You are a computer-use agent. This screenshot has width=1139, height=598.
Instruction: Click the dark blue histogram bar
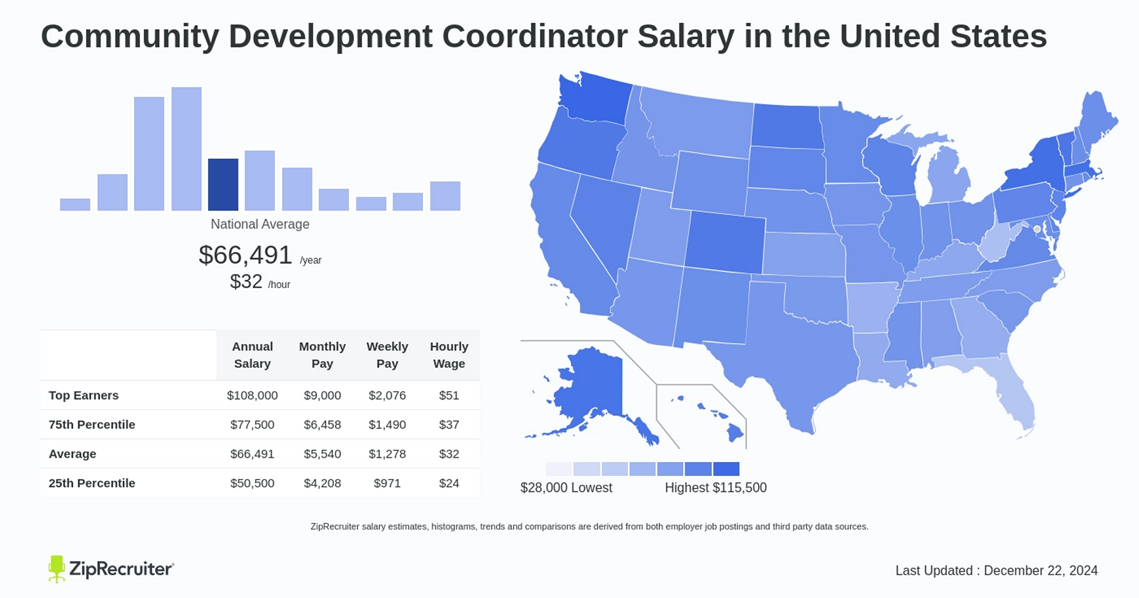click(x=223, y=185)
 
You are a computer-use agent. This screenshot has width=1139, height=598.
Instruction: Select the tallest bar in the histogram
click(x=186, y=149)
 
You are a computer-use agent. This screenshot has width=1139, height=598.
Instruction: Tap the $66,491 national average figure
click(x=245, y=255)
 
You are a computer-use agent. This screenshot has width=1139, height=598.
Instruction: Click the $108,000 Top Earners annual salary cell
click(x=252, y=395)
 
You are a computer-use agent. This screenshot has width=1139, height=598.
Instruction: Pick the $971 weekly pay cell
click(x=387, y=484)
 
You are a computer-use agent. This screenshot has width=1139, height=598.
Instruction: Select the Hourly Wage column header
click(x=449, y=355)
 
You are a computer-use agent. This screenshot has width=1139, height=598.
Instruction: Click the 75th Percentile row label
click(x=92, y=425)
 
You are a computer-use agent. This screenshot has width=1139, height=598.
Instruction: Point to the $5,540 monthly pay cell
click(x=322, y=454)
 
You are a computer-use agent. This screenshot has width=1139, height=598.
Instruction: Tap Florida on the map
click(x=1017, y=399)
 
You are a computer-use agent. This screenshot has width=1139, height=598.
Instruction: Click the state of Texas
click(x=792, y=347)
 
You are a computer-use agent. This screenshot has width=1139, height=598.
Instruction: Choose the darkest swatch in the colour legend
click(x=726, y=469)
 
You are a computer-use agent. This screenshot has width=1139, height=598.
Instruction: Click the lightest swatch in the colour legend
click(x=559, y=469)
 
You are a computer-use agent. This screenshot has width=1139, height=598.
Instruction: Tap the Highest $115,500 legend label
click(x=715, y=488)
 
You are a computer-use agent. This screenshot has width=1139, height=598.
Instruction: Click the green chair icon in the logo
click(x=56, y=568)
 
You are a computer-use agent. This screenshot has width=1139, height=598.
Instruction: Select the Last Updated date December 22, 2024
click(x=1040, y=571)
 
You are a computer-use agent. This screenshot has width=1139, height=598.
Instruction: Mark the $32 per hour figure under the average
click(x=246, y=282)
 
